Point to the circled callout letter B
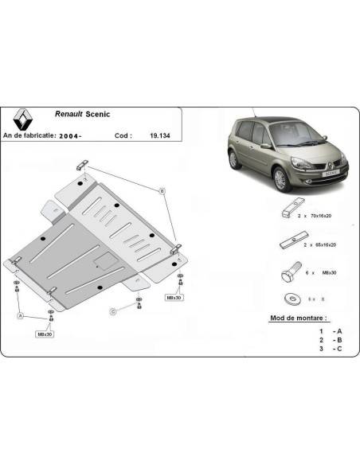[162, 191]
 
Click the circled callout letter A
[22, 315]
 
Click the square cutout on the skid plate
[103, 258]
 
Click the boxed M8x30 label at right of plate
[174, 296]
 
